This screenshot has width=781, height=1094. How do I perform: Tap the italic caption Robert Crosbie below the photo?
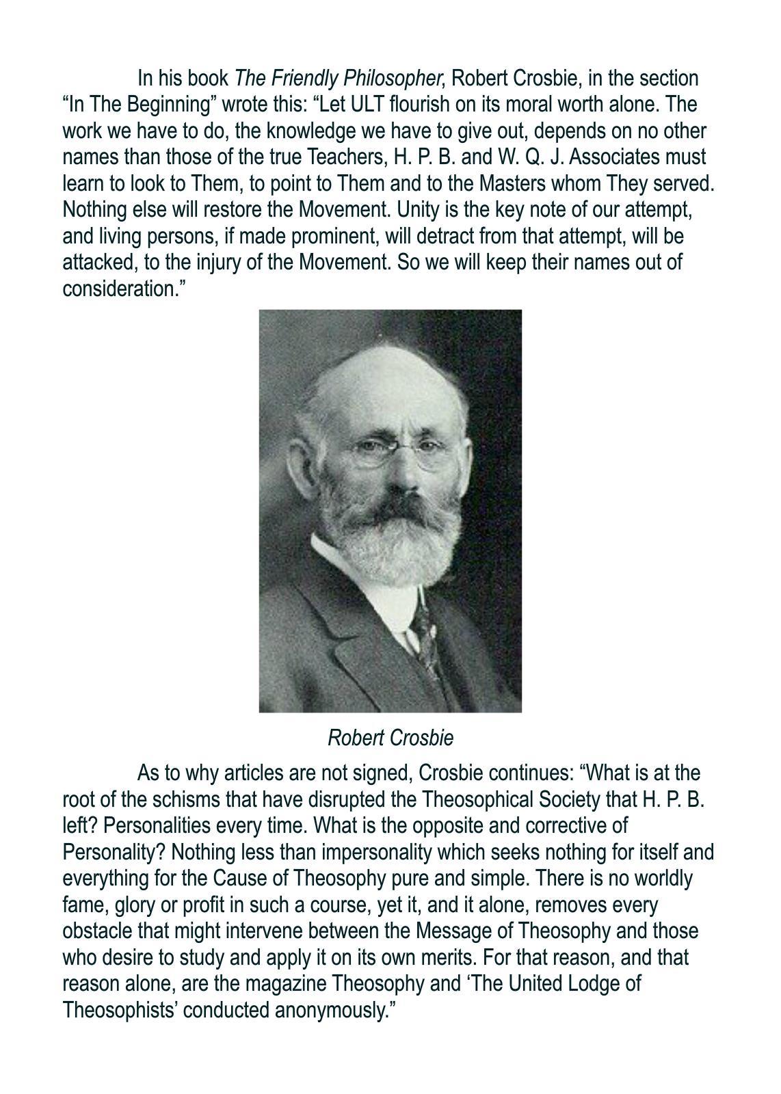pos(390,738)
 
